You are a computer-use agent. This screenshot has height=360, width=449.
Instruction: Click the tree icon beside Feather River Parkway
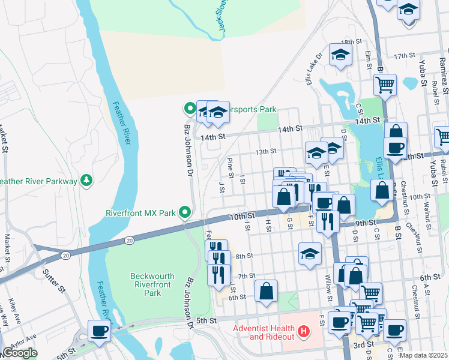point(87,180)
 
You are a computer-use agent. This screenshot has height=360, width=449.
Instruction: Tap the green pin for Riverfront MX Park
point(186,212)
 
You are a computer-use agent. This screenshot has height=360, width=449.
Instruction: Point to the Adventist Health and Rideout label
point(264,332)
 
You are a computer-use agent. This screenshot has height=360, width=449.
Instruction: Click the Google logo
point(20,353)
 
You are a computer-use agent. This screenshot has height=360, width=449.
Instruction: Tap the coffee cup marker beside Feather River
point(98,329)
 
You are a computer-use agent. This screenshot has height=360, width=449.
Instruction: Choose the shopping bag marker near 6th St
point(266,291)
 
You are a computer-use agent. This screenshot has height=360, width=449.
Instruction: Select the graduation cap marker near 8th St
point(310,253)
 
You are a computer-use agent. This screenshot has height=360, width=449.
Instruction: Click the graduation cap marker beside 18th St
point(340,55)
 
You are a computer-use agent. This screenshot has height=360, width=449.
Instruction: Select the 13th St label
point(265,152)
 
